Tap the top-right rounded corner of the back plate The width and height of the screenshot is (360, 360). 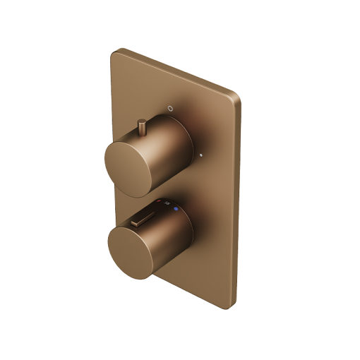pos(237,95)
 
